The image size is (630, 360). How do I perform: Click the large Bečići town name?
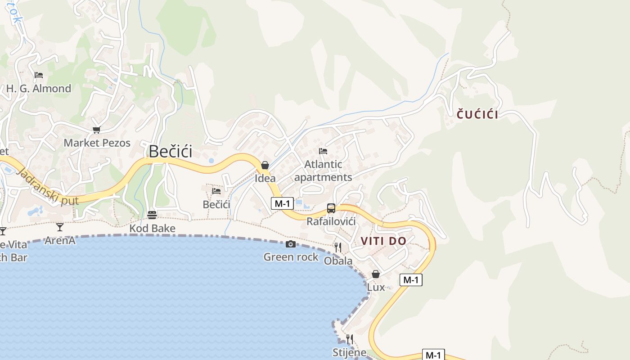tap(171, 151)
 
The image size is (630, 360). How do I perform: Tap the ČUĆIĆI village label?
tap(477, 115)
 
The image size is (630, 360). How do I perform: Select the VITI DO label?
tap(383, 241)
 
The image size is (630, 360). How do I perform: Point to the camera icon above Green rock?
tap(291, 244)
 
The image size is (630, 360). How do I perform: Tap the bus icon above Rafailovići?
tap(331, 208)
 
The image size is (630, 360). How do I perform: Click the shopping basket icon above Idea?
tap(265, 165)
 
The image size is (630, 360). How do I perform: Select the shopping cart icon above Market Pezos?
tap(96, 130)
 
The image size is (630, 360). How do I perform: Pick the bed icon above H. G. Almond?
tap(39, 75)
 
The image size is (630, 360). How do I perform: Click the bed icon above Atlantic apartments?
tap(323, 151)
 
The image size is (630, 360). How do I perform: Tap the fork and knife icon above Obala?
tap(338, 247)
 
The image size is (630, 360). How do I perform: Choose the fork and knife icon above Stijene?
tap(349, 339)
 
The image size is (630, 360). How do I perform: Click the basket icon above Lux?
tap(376, 274)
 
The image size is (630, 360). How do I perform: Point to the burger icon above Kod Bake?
tap(152, 215)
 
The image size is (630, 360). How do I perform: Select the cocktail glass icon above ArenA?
tap(60, 227)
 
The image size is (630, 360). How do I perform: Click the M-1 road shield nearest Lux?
tap(411, 280)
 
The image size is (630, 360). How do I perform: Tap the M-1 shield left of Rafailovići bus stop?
tap(283, 203)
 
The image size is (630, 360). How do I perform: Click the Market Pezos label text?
tap(97, 143)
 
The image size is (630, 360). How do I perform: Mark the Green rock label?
tap(291, 257)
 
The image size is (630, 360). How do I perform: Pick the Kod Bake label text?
tap(152, 229)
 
